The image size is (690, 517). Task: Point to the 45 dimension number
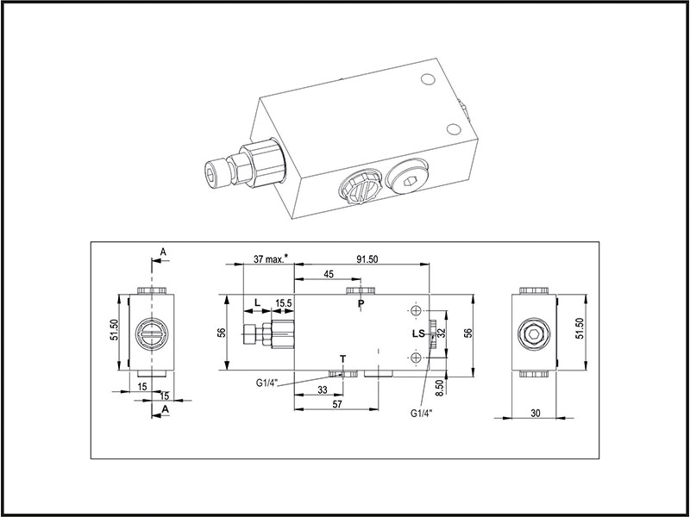pos(329,275)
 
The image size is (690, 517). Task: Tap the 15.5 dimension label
pos(283,302)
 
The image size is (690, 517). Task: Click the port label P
pos(361,304)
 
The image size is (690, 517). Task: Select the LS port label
pos(418,333)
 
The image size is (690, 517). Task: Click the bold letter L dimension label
pos(256,302)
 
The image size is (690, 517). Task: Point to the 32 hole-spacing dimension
pos(440,333)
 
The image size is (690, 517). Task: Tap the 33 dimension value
pos(322,390)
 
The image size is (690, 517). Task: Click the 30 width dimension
pos(535,414)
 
